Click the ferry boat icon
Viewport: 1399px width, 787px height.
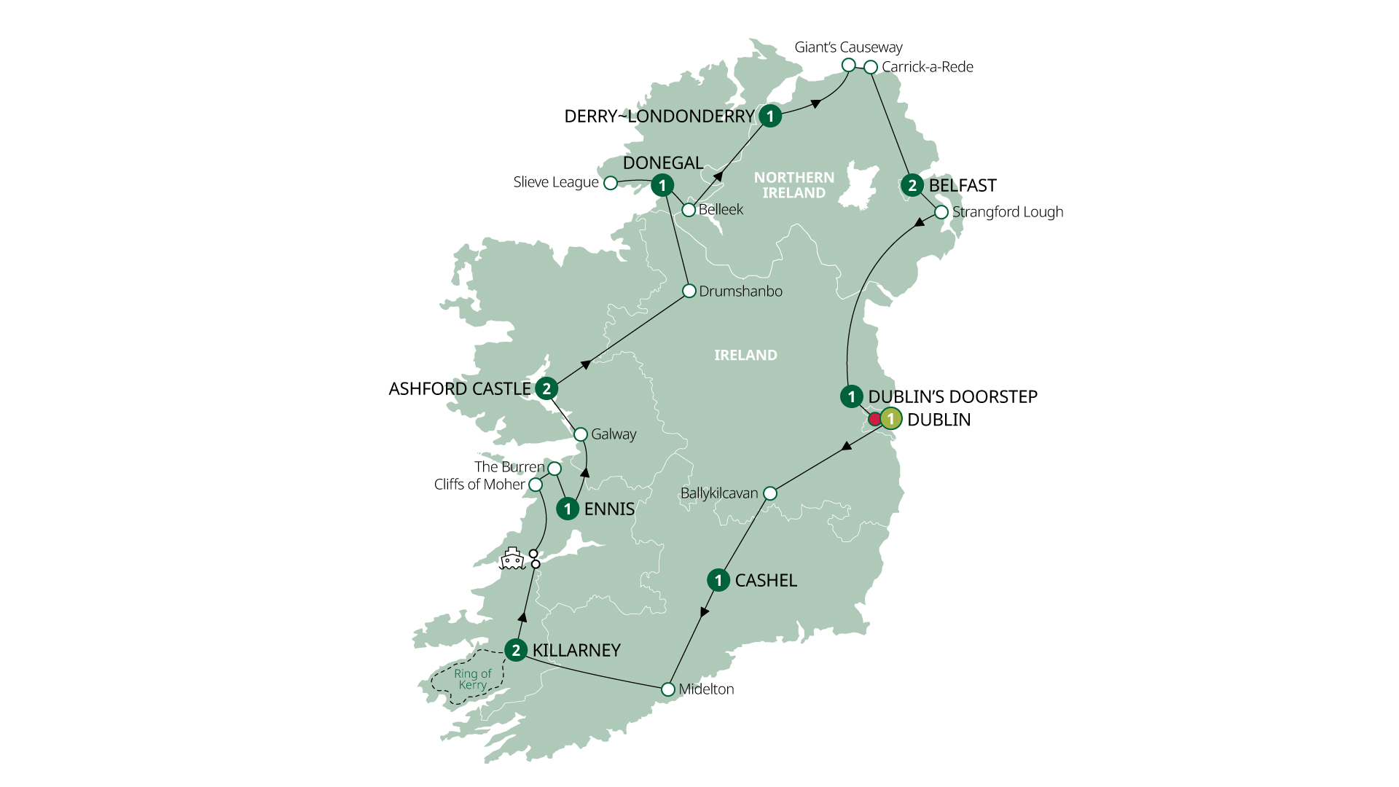point(512,559)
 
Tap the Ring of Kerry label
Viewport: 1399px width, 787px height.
point(472,679)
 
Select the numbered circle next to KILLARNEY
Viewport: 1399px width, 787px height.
point(516,650)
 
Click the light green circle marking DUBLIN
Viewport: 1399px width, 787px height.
point(891,419)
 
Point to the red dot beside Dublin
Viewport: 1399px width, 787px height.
point(874,420)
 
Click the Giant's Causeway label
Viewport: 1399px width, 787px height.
point(848,47)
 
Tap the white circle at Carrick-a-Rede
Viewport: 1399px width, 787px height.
point(871,67)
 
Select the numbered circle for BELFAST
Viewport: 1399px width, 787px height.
point(912,185)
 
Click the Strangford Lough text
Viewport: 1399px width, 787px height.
point(1008,212)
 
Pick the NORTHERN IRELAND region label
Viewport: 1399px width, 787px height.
point(794,185)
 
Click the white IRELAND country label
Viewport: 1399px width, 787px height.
point(745,356)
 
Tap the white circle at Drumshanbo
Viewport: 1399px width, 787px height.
point(689,291)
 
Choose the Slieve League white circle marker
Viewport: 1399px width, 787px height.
point(611,183)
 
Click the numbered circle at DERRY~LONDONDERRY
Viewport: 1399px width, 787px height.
point(770,116)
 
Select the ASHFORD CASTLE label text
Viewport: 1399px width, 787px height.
point(460,389)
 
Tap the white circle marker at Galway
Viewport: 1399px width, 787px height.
point(581,434)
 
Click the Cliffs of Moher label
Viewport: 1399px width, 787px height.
point(479,485)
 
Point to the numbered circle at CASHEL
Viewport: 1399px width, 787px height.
point(718,580)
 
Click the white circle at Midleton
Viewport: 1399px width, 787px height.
point(668,689)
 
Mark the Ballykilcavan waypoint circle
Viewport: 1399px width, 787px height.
point(770,494)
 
